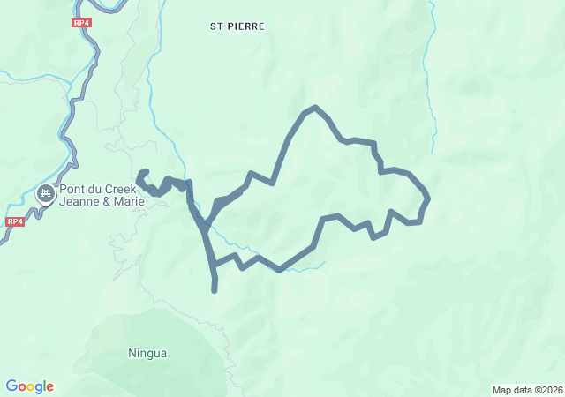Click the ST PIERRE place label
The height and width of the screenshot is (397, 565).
(x=237, y=26)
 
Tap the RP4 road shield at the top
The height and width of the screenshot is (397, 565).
(x=81, y=22)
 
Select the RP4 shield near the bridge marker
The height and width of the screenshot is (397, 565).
(x=13, y=221)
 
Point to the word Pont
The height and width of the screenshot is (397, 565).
(x=72, y=189)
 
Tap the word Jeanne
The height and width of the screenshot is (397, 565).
(x=80, y=201)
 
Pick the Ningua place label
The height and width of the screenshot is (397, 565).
(x=147, y=354)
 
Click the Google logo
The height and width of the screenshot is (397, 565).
(x=29, y=386)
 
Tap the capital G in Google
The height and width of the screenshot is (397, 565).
(x=11, y=386)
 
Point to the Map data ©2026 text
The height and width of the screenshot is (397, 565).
(x=526, y=390)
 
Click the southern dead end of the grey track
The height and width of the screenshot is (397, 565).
(x=215, y=288)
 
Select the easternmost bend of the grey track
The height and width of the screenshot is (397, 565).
(x=428, y=198)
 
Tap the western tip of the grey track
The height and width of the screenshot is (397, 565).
(x=139, y=175)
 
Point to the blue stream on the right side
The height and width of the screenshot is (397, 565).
(x=432, y=71)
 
